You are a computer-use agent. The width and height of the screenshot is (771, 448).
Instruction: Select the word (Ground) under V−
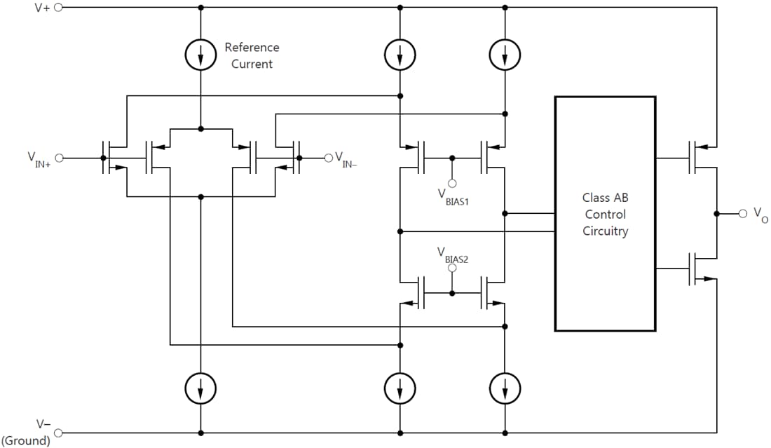pos(26,441)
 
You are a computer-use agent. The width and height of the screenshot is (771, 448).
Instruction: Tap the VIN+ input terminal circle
pos(59,158)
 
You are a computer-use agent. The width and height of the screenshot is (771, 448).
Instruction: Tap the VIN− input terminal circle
pos(327,158)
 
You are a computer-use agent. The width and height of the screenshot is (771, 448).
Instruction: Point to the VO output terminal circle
pos(742,213)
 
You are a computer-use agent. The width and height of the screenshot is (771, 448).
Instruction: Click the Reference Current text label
pos(252,55)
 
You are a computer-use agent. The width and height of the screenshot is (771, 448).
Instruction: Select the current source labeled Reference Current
pos(201,55)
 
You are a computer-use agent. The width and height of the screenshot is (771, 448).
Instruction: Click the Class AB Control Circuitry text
pos(605,214)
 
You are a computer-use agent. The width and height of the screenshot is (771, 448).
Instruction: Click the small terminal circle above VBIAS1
pos(452,183)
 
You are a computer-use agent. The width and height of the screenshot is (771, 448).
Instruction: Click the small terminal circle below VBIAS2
pos(452,268)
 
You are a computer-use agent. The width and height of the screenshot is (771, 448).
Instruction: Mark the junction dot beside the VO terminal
pos(716,213)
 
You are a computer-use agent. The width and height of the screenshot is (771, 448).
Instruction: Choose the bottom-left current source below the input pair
pos(201,386)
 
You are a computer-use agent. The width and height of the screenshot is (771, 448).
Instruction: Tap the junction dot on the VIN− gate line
pos(299,158)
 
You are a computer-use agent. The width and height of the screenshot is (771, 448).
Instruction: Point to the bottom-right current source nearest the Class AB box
pos(505,386)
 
